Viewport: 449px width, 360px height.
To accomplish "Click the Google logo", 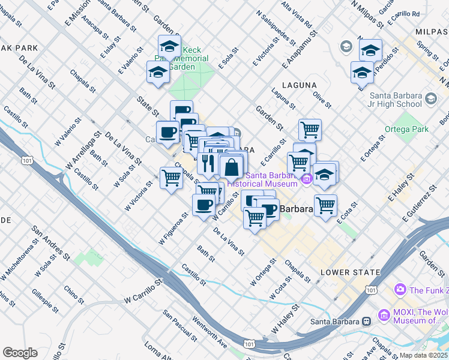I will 20,353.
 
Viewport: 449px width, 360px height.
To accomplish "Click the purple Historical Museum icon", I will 307,179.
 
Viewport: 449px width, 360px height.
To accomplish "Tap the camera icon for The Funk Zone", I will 400,290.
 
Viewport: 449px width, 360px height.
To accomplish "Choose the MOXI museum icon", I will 384,314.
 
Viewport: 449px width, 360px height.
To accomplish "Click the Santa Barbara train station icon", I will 365,322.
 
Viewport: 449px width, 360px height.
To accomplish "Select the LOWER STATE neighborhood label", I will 350,272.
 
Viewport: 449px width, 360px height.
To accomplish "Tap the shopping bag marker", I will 232,167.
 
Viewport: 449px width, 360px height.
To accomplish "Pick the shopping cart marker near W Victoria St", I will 172,178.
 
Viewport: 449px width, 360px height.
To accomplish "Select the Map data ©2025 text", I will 423,355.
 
